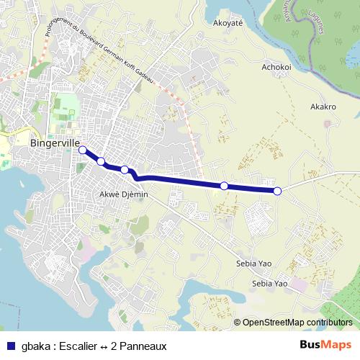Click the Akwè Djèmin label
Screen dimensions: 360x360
coord(123,194)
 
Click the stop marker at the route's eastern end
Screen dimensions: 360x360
coord(277,191)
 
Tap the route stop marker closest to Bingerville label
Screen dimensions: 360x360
coord(83,150)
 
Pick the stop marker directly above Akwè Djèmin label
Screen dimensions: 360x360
coord(125,170)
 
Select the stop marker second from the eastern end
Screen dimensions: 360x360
coord(224,186)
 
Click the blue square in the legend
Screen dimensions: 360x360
coord(10,345)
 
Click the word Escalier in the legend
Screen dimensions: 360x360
coord(76,346)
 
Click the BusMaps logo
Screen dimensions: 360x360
coord(325,345)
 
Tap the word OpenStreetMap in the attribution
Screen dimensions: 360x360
coord(269,323)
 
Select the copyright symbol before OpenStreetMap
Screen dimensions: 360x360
coord(237,323)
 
